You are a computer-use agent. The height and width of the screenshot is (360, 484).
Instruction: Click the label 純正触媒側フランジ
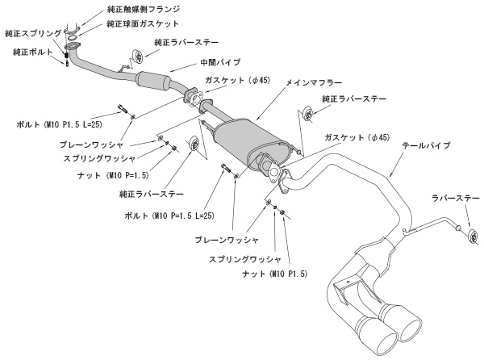coord(143,10)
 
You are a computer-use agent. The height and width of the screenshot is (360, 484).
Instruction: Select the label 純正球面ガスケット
coord(143,24)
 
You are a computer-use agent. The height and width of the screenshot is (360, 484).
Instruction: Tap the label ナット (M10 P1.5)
coord(273,274)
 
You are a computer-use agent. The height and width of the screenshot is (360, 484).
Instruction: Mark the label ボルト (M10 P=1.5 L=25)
coord(169,216)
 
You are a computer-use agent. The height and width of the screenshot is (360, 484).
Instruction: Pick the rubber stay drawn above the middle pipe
coord(136,57)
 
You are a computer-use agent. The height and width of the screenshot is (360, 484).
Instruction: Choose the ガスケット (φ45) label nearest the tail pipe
coord(357,138)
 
